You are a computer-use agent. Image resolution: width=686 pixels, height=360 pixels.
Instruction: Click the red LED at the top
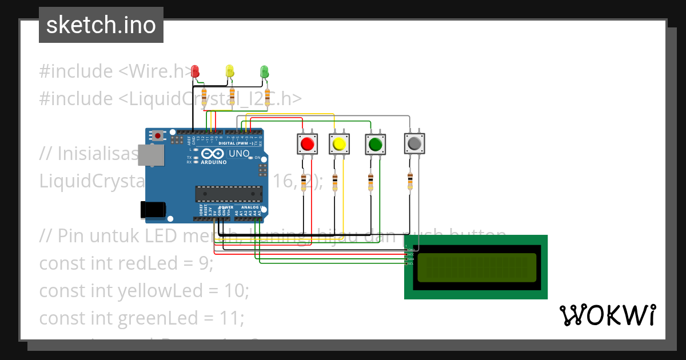pos(195,71)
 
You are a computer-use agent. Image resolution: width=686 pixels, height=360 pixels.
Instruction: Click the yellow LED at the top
pos(230,71)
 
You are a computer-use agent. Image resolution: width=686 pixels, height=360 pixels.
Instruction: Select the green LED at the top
pos(264,71)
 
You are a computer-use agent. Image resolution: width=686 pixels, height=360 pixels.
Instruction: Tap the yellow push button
pos(338,143)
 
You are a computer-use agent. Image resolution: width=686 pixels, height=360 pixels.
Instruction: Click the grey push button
pos(414,143)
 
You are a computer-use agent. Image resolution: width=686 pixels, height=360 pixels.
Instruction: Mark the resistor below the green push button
pos(371,182)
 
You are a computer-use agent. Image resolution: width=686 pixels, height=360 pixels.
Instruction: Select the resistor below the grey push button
pos(410,181)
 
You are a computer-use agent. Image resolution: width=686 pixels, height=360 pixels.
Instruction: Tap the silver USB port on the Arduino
pos(152,155)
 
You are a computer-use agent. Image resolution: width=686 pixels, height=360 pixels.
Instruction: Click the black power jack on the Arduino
pos(154,210)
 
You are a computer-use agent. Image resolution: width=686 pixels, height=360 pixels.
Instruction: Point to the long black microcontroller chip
pos(229,194)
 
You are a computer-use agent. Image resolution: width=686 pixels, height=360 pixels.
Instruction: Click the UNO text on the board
pos(239,154)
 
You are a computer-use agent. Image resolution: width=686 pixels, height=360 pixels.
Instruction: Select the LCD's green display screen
pos(477,267)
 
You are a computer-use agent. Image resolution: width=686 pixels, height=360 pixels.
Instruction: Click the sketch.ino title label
pos(101,25)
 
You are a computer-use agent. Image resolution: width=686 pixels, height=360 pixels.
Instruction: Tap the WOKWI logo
pos(607,315)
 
